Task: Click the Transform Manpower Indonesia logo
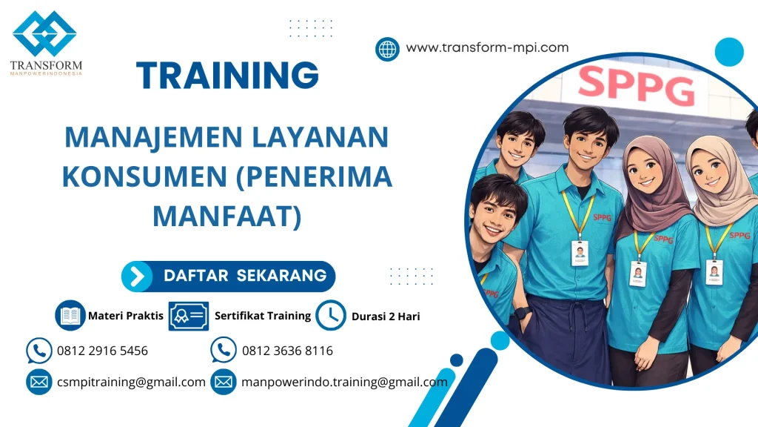[x=45, y=42]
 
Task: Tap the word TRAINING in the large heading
[x=227, y=76]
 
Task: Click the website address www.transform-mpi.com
[x=487, y=47]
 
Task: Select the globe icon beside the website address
[x=387, y=49]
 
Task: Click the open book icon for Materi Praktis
[x=70, y=315]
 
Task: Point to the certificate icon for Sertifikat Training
[x=189, y=316]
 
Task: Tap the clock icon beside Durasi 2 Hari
[x=331, y=315]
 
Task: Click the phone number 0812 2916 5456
[x=102, y=351]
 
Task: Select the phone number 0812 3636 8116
[x=287, y=351]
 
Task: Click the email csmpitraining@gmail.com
[x=131, y=383]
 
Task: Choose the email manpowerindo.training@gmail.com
[x=344, y=383]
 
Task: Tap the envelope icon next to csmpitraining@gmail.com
[x=38, y=383]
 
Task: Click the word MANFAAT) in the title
[x=227, y=216]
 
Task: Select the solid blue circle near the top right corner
[x=728, y=52]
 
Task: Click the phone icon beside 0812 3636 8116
[x=223, y=351]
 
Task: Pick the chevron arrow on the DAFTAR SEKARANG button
[x=137, y=277]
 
